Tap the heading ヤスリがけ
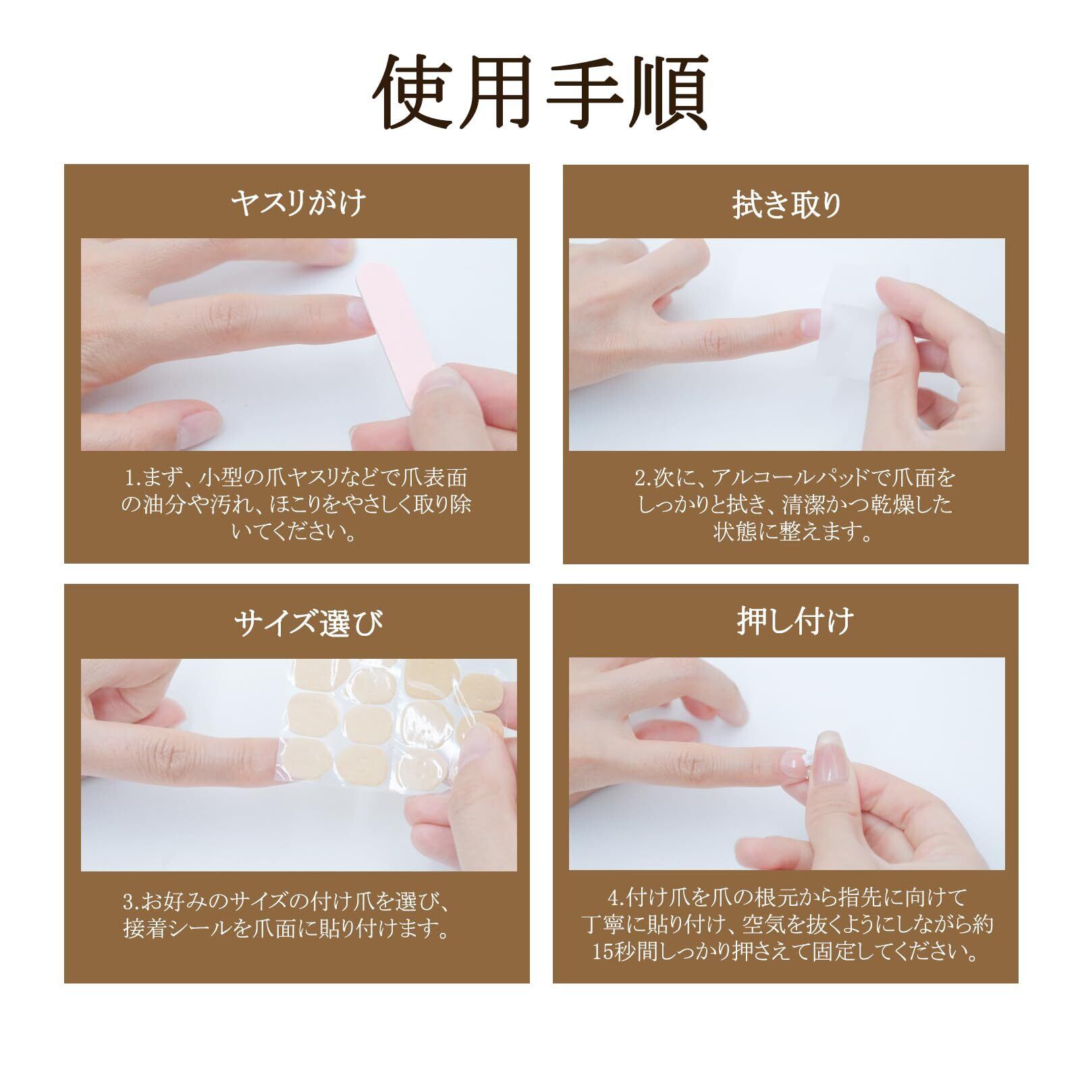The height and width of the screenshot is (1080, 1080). click(x=297, y=203)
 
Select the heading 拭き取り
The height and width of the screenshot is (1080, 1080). click(x=788, y=205)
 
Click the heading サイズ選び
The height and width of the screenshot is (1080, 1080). click(x=308, y=622)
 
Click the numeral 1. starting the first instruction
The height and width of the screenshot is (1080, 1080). click(x=132, y=479)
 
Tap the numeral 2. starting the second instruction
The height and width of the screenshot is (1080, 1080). click(x=643, y=479)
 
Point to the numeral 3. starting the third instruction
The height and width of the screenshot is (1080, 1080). click(x=131, y=902)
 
